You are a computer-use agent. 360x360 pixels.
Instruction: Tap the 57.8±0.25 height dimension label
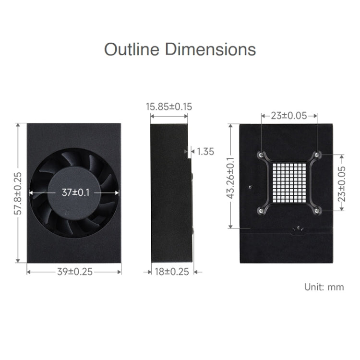(x=18, y=192)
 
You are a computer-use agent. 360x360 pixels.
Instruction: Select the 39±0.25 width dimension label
(x=74, y=272)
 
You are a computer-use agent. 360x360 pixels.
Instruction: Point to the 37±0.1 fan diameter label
(x=74, y=192)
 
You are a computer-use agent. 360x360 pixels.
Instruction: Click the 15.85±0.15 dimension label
(x=169, y=107)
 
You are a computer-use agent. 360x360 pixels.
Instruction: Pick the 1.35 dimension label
(x=205, y=152)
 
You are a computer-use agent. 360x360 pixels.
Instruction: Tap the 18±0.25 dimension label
(x=172, y=272)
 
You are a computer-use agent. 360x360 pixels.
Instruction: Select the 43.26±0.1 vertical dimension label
(x=231, y=178)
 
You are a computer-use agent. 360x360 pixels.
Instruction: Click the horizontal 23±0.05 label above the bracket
(x=289, y=116)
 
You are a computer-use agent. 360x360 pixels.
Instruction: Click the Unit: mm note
(x=324, y=287)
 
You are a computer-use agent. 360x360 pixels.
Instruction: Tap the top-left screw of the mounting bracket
(x=261, y=155)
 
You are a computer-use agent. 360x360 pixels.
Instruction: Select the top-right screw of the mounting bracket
(x=317, y=155)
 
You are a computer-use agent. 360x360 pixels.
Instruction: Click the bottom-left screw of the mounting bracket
(x=261, y=209)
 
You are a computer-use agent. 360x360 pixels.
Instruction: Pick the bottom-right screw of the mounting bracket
(x=317, y=209)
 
